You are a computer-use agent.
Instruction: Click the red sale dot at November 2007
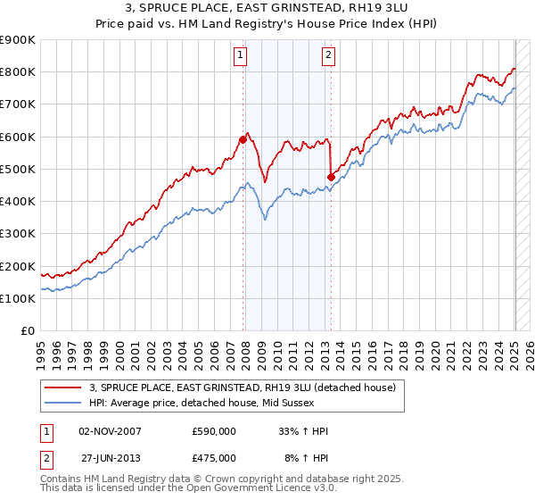click(x=243, y=139)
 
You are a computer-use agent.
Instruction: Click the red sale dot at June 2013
click(x=331, y=177)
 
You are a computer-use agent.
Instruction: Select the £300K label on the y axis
click(x=17, y=233)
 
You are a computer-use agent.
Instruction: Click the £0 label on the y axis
click(x=27, y=330)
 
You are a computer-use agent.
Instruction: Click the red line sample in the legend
click(x=63, y=387)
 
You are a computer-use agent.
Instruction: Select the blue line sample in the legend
click(x=63, y=403)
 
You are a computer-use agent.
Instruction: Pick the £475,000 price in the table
click(x=214, y=458)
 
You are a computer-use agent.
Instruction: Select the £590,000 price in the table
click(x=214, y=431)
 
